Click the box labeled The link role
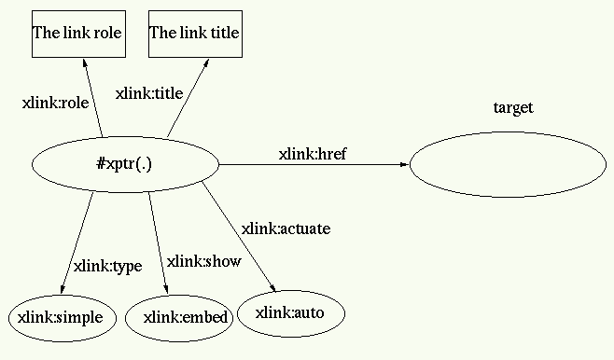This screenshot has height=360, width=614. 77,34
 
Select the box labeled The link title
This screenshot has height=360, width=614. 195,34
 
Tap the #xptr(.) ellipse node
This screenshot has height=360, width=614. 124,164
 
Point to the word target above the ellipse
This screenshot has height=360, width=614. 512,108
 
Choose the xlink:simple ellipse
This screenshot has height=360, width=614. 63,317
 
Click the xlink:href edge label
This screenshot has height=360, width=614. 312,154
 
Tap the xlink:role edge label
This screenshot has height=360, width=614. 54,104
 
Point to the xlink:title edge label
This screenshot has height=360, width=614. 148,93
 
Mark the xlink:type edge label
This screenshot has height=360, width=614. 107,266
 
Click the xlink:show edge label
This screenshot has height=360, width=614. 202,261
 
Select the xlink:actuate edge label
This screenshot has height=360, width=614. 286,228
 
